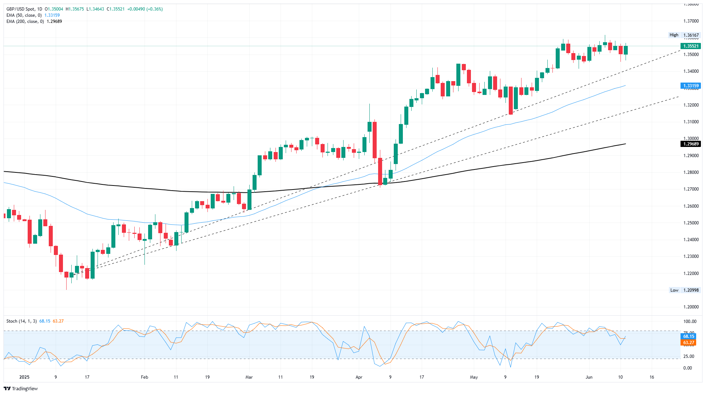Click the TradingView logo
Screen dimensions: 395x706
(x=21, y=388)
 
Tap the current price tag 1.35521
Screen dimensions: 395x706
(x=690, y=46)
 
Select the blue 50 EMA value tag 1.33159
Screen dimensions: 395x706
(x=690, y=86)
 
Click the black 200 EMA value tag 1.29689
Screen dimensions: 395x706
(x=690, y=144)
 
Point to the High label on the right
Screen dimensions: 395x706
(x=674, y=35)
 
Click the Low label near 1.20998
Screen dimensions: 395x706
(x=674, y=290)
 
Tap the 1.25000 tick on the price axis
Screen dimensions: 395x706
(x=691, y=223)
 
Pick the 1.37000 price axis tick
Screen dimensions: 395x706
(x=691, y=21)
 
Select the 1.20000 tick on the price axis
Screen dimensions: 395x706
(x=691, y=307)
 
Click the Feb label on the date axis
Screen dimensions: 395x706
(x=144, y=377)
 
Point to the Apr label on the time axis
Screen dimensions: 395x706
(x=359, y=377)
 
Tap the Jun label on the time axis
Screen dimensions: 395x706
(x=589, y=377)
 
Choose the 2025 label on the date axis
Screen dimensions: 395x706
(x=24, y=377)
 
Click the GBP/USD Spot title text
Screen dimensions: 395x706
(x=24, y=9)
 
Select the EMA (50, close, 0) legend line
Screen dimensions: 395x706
(x=24, y=15)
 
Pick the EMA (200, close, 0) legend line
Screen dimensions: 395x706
(x=25, y=21)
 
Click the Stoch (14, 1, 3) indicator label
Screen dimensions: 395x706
(x=21, y=321)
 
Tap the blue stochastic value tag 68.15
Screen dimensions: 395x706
(x=689, y=336)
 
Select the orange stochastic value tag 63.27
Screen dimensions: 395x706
(x=689, y=343)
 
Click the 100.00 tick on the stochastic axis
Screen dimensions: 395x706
(x=690, y=322)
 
